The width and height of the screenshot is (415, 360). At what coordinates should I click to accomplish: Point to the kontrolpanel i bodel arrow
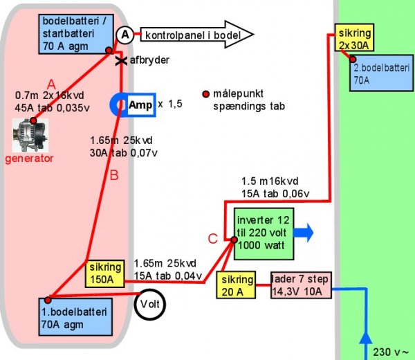point(197,34)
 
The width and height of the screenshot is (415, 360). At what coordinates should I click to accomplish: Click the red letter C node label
point(214,240)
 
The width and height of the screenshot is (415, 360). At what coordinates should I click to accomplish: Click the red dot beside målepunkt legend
point(205,94)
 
